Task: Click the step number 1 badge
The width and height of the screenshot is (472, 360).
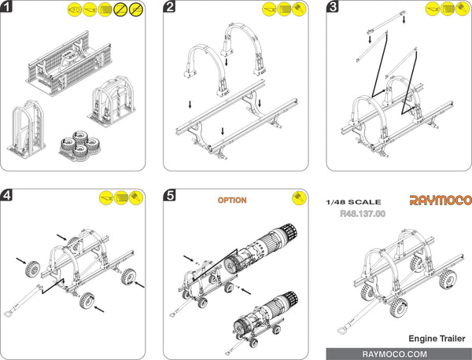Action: pyautogui.click(x=7, y=8)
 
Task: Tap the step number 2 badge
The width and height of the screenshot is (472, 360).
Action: pyautogui.click(x=170, y=8)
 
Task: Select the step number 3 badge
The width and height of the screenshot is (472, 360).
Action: pyautogui.click(x=333, y=8)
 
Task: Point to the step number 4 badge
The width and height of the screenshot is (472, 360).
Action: pyautogui.click(x=7, y=196)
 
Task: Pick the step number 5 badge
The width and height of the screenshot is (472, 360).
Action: pyautogui.click(x=170, y=196)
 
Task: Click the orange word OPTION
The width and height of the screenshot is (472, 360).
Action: pyautogui.click(x=231, y=200)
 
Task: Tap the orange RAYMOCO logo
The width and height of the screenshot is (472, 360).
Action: pyautogui.click(x=439, y=200)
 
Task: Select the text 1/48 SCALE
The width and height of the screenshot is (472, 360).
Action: pyautogui.click(x=359, y=202)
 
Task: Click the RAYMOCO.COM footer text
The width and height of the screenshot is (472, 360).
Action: pyautogui.click(x=398, y=354)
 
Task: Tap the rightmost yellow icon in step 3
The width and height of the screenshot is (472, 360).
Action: pyautogui.click(x=462, y=9)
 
